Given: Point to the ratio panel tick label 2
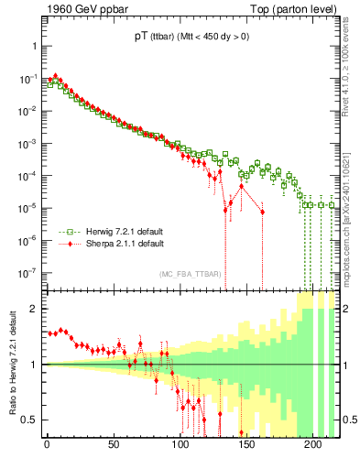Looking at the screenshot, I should (34, 309).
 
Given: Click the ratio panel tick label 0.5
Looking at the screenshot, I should (30, 420).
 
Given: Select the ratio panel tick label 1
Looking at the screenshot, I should (34, 365).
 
